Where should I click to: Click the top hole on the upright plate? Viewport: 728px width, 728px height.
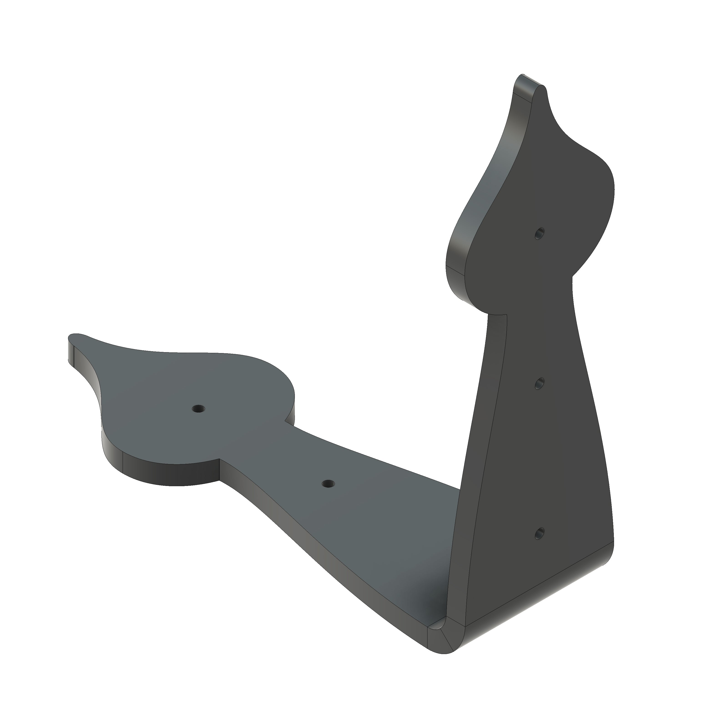(x=540, y=234)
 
